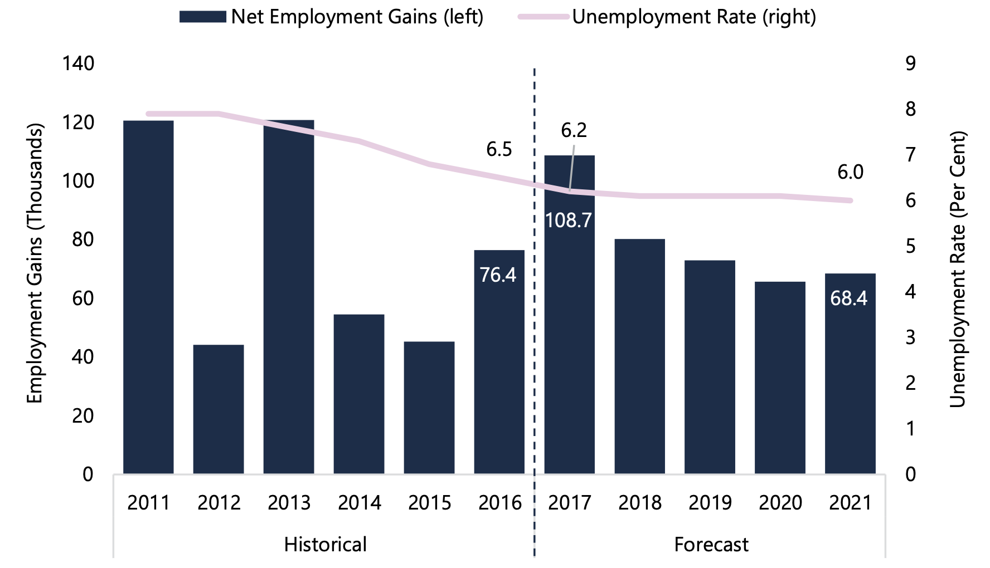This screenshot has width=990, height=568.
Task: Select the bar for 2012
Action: [219, 409]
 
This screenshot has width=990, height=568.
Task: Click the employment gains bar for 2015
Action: [429, 408]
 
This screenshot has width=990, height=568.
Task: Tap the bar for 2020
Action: [780, 378]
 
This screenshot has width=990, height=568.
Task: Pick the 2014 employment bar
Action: [359, 394]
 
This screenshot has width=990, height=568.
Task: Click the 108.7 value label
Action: [569, 221]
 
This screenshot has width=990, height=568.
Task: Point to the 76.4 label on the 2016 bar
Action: [498, 275]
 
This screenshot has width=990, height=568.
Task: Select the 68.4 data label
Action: [849, 298]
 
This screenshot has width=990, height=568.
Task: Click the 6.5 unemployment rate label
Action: [499, 149]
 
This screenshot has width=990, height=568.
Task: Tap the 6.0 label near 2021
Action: [851, 172]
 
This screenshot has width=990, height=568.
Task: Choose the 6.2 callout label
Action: [574, 130]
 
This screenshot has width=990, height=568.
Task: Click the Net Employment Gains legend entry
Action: [332, 17]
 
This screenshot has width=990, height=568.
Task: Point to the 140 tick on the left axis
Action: [79, 63]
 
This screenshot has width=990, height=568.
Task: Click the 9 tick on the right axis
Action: [910, 63]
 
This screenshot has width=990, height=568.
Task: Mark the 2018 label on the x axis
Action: [639, 502]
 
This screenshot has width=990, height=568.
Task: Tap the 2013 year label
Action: [289, 502]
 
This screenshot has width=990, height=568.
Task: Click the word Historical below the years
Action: [325, 544]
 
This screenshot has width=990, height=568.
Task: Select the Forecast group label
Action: [711, 544]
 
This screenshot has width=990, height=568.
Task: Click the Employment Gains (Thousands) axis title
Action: [35, 263]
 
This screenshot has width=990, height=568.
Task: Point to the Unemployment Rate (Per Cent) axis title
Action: [957, 270]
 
